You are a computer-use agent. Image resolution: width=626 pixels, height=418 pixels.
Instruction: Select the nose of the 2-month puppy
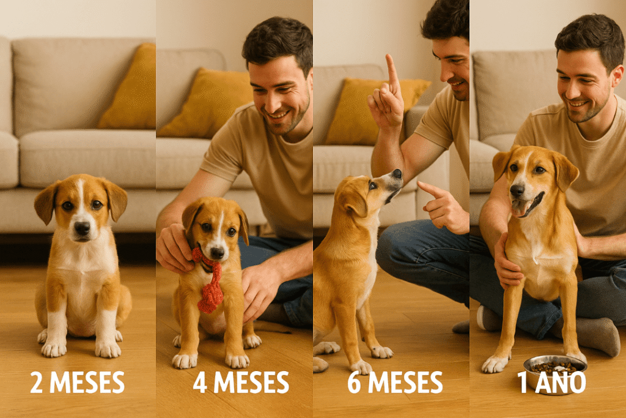(x=82, y=228)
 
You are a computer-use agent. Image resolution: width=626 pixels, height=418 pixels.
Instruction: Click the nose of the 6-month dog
(x=397, y=174)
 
